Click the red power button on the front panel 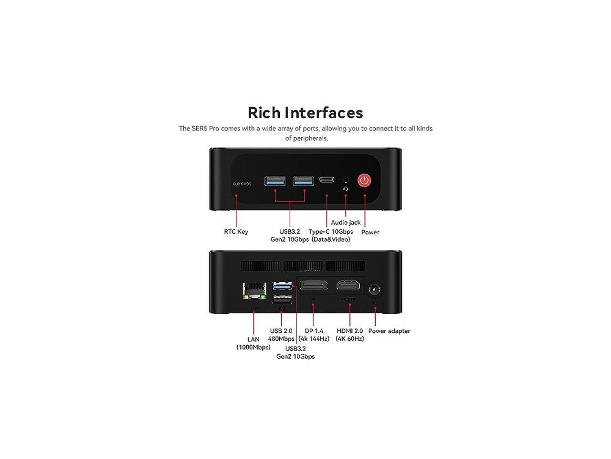point(365,180)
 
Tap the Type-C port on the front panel point(327,180)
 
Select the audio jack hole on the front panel point(346,180)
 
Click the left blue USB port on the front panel point(275,180)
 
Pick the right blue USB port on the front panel point(304,180)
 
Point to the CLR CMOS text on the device point(242,184)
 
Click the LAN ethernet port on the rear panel point(254,290)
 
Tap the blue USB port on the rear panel point(282,286)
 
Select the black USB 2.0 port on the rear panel point(282,298)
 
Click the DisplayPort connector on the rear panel point(314,285)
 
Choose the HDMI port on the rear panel point(350,285)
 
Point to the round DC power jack point(375,290)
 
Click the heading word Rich point(264,113)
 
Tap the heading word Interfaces point(324,113)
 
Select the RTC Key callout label point(236,232)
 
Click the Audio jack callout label point(346,222)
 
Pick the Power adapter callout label point(389,331)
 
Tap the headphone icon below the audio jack point(346,189)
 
